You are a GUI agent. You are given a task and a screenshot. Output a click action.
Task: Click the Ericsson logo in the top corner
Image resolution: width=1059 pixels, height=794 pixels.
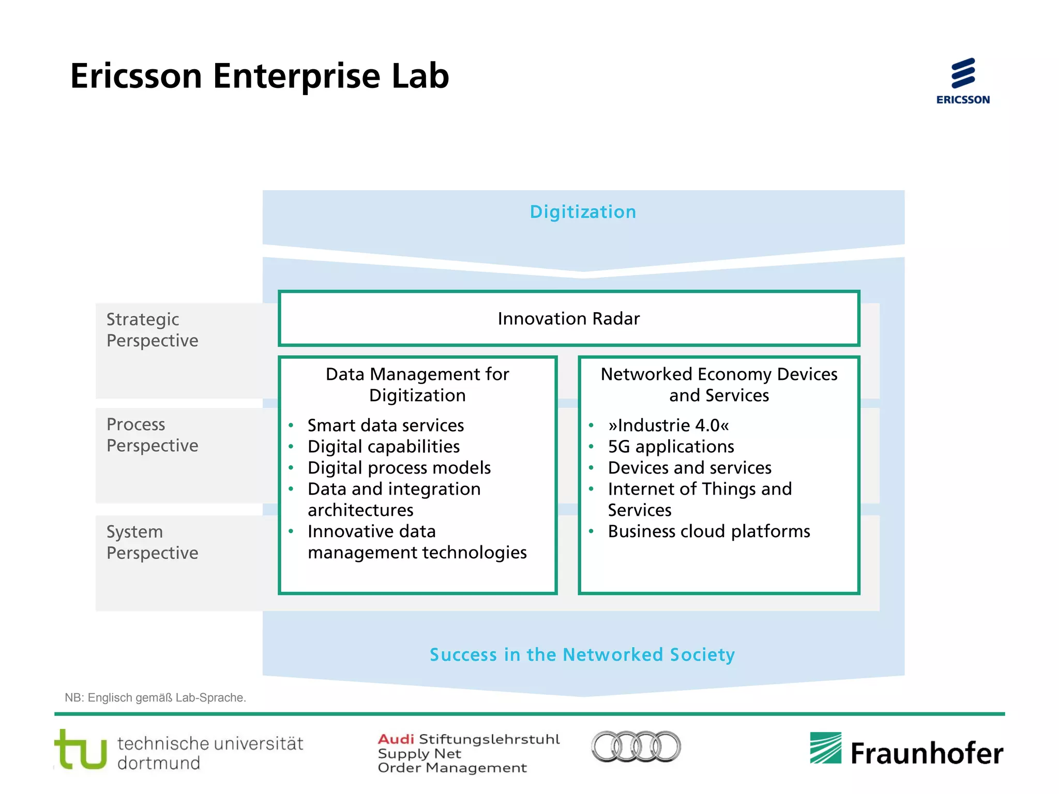[963, 81]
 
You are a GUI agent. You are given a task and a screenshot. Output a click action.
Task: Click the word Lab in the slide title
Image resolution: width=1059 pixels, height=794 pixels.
[420, 76]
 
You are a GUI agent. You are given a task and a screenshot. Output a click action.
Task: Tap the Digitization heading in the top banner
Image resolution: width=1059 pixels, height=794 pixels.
[583, 212]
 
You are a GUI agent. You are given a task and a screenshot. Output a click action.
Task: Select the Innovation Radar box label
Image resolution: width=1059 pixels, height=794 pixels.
[569, 318]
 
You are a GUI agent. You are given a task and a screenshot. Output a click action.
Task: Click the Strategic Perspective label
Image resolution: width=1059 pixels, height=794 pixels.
[152, 330]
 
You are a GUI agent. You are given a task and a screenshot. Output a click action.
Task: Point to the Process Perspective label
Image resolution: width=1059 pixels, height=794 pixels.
[152, 435]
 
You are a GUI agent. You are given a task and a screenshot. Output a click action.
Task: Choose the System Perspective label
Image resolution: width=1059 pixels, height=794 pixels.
[152, 542]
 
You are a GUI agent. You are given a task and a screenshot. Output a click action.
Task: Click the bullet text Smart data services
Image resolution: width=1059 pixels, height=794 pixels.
[385, 425]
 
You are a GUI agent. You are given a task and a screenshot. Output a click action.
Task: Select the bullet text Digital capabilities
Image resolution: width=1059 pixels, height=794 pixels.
[383, 447]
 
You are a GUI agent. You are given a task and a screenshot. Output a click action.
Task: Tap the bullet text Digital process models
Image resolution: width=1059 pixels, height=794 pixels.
[399, 468]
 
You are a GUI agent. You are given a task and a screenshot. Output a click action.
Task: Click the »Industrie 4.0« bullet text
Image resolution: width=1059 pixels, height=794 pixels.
[668, 425]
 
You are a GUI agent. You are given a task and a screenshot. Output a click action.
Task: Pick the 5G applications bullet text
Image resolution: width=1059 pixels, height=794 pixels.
[671, 447]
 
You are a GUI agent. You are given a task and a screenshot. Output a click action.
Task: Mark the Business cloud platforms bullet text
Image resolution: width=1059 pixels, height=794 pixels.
[708, 531]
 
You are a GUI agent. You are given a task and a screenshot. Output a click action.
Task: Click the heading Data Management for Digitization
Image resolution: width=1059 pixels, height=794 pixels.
[417, 385]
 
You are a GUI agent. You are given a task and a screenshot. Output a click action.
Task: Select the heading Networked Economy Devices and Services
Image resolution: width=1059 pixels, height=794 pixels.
[719, 385]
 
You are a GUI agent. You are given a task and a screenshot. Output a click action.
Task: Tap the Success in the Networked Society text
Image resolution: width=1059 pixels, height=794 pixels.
[582, 654]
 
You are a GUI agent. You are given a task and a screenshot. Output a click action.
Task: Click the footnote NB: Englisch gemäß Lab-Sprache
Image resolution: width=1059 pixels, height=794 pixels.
[155, 698]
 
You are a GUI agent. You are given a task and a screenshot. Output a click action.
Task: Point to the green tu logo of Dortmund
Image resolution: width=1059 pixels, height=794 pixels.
[81, 750]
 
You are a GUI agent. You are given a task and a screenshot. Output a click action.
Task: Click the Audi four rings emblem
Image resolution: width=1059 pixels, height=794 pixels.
[636, 746]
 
